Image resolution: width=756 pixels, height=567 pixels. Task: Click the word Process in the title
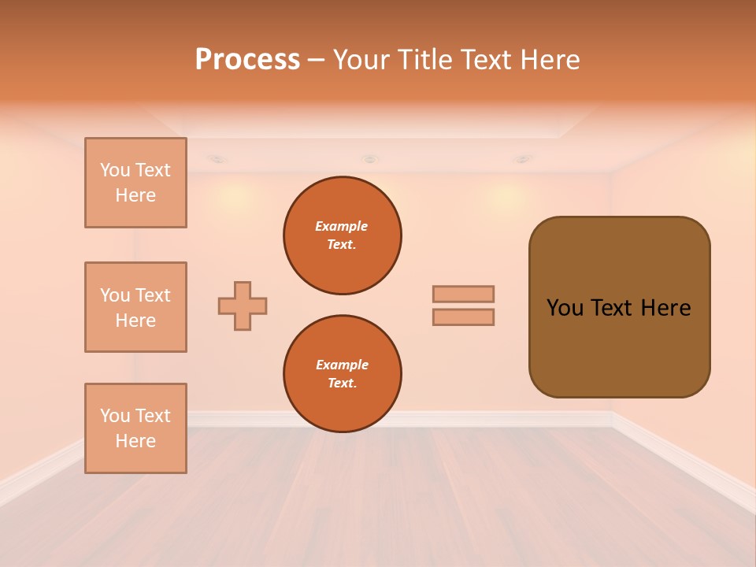(247, 60)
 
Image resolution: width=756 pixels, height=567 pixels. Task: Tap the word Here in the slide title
(548, 60)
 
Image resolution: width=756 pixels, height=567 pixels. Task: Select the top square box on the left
(135, 183)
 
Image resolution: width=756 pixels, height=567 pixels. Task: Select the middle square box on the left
(135, 307)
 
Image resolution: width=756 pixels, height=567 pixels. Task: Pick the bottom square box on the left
(135, 428)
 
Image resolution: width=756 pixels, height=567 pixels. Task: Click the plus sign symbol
(243, 306)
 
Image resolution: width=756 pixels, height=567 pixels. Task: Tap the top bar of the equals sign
(463, 294)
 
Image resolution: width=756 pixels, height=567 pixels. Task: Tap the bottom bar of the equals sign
(463, 317)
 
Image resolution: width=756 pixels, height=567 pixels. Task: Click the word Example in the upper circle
(341, 226)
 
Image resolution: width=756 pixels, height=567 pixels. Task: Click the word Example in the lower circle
(342, 365)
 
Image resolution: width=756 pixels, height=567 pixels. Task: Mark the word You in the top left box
(115, 170)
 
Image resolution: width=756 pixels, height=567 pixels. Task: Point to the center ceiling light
(369, 159)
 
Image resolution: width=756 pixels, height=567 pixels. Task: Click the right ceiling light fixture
(521, 159)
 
